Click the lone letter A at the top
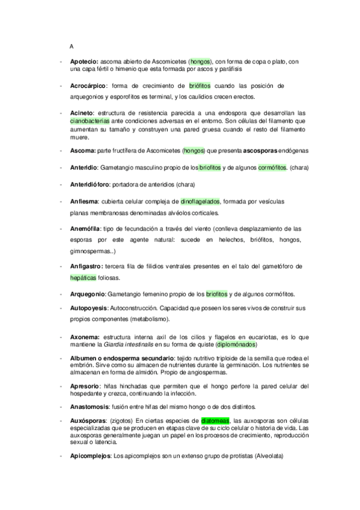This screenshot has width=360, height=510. pyautogui.click(x=72, y=46)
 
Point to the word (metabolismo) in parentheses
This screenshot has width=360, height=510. pyautogui.click(x=150, y=319)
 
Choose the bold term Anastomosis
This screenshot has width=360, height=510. pyautogui.click(x=90, y=406)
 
